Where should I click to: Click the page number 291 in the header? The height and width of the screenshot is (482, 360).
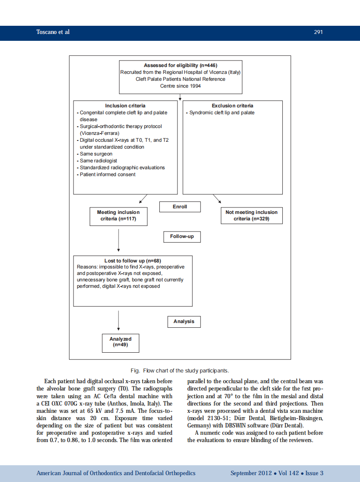coord(318,32)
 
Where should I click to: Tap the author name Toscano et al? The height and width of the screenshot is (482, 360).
coord(53,32)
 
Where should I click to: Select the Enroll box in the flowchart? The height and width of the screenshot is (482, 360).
coord(180,207)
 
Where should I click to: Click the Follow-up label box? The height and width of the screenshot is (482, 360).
coord(182,236)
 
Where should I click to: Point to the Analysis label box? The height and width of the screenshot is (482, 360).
coord(184,321)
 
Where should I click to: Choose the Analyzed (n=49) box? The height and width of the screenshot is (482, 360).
coord(120,342)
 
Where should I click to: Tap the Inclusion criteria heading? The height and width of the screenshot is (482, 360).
coord(125,106)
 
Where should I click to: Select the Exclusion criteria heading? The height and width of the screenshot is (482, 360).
coord(232,106)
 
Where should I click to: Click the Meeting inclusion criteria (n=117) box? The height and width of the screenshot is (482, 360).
coord(118,216)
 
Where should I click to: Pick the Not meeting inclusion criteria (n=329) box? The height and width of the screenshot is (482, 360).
coord(251,216)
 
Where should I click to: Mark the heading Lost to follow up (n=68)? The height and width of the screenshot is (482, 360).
coord(133,261)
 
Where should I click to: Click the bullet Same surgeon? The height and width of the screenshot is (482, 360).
coord(96,154)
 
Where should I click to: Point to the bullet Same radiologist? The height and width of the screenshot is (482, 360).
coord(98,161)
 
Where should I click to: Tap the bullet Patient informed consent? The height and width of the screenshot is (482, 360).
coord(107,174)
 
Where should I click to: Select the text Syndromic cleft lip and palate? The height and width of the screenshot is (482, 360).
coord(222,113)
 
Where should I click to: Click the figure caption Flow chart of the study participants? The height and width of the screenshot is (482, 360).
coord(180,371)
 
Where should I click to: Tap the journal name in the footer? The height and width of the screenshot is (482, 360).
coord(116,473)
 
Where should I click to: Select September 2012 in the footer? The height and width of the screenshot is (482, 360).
coord(251,473)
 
